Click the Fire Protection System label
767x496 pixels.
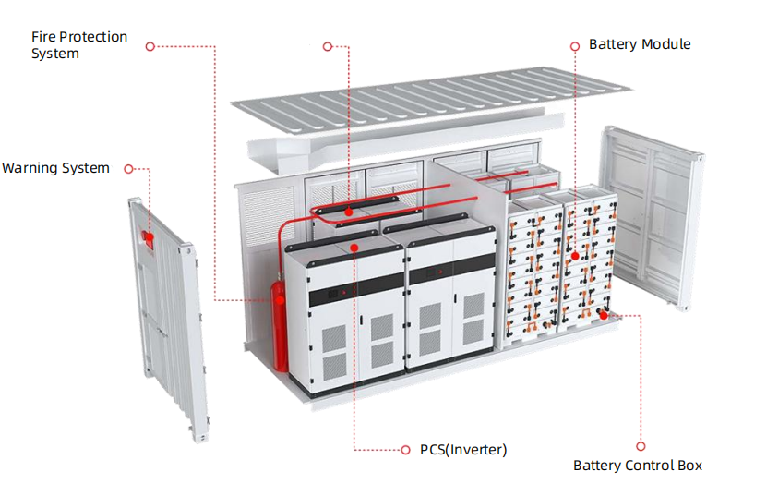pyautogui.click(x=79, y=45)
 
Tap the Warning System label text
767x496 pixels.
pyautogui.click(x=55, y=168)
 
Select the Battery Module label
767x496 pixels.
pyautogui.click(x=640, y=44)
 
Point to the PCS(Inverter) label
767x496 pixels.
pyautogui.click(x=463, y=450)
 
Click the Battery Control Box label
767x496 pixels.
pyautogui.click(x=638, y=466)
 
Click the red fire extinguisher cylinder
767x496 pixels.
pyautogui.click(x=278, y=323)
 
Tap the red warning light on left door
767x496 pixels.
pyautogui.click(x=145, y=237)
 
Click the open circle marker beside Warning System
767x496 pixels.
pyautogui.click(x=129, y=169)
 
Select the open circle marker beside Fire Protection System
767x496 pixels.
pyautogui.click(x=150, y=44)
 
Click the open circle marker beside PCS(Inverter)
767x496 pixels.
pyautogui.click(x=404, y=450)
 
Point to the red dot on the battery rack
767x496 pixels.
pyautogui.click(x=574, y=256)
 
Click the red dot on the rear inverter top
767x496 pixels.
pyautogui.click(x=348, y=211)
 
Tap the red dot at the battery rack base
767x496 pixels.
pyautogui.click(x=604, y=314)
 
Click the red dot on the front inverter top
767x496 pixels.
pyautogui.click(x=354, y=248)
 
